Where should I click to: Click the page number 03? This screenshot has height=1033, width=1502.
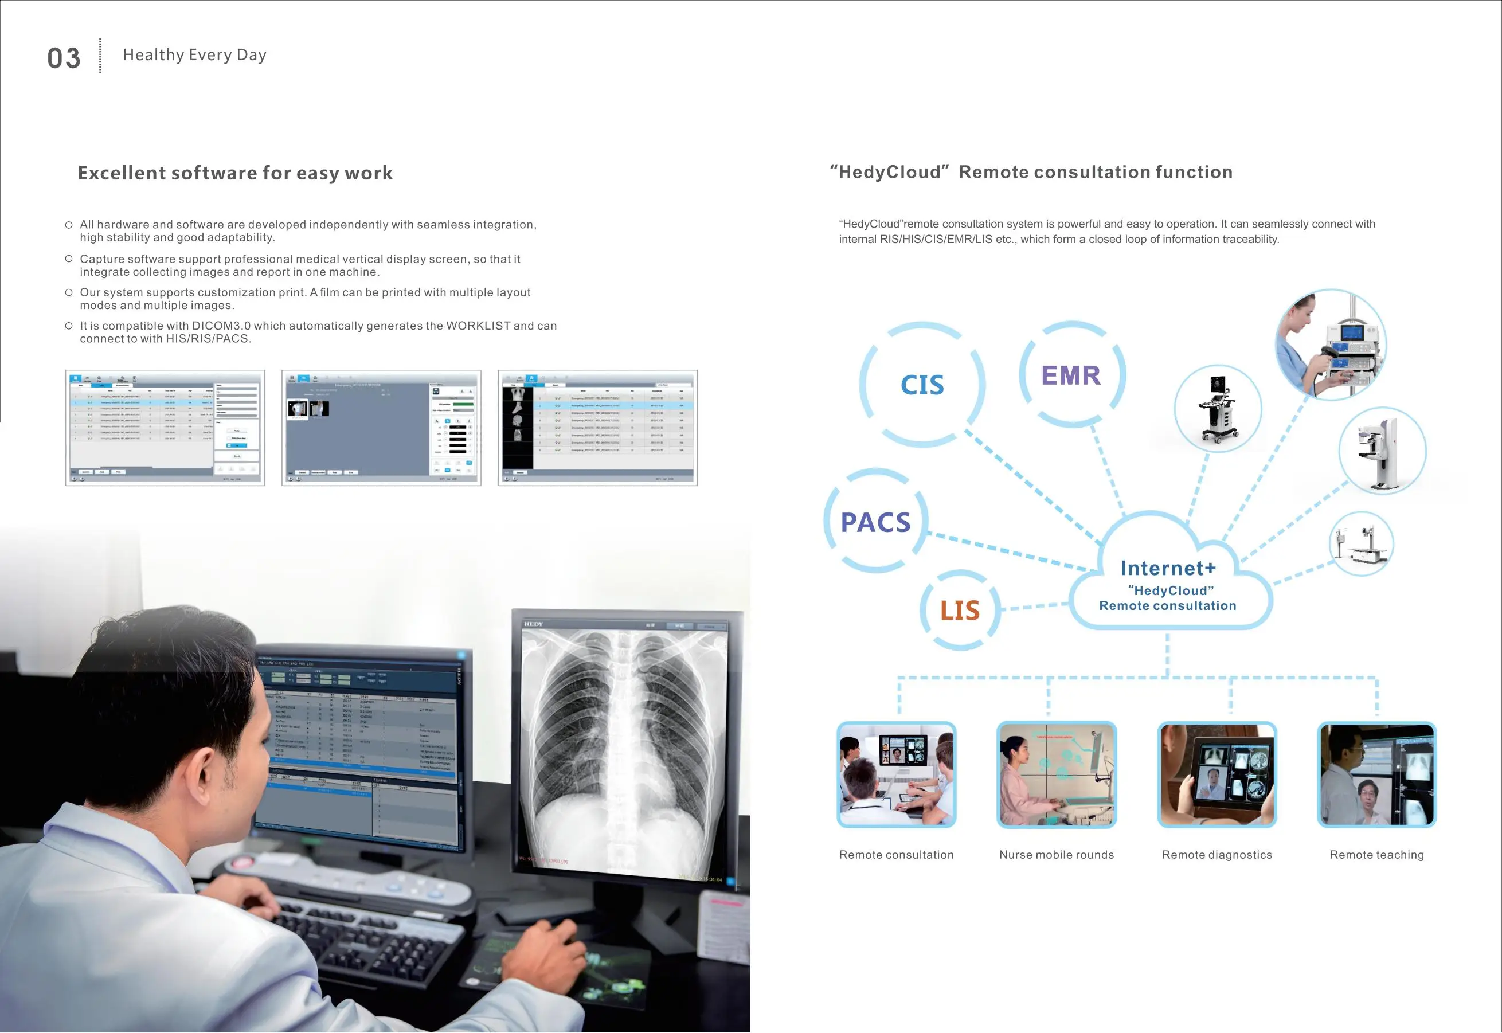[x=64, y=58]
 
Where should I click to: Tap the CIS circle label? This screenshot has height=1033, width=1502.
[x=922, y=385]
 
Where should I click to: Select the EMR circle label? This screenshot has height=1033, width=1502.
[x=1071, y=375]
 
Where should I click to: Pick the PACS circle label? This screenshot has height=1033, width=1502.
[x=875, y=522]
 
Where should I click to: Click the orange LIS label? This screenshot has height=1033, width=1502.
[x=960, y=611]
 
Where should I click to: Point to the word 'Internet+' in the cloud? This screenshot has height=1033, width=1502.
[x=1168, y=568]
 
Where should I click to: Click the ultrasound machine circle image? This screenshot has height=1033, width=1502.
[x=1217, y=408]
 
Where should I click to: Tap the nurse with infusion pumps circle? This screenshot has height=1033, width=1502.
[x=1331, y=345]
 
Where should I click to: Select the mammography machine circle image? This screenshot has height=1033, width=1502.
[x=1382, y=451]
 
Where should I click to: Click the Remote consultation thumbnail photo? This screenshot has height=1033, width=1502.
[x=896, y=775]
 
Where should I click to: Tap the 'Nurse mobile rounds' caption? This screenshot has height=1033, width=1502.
[x=1056, y=855]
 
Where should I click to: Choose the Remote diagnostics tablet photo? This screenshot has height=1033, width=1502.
[x=1217, y=775]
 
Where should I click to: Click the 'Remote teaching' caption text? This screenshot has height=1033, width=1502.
[x=1376, y=855]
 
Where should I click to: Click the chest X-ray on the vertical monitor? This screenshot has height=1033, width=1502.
[x=624, y=744]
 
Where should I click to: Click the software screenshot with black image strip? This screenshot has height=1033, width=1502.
[x=597, y=428]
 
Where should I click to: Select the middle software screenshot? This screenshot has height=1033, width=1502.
[x=381, y=428]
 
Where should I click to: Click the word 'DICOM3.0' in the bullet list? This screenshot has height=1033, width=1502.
[x=221, y=326]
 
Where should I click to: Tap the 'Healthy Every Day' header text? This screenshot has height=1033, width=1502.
[x=194, y=55]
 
